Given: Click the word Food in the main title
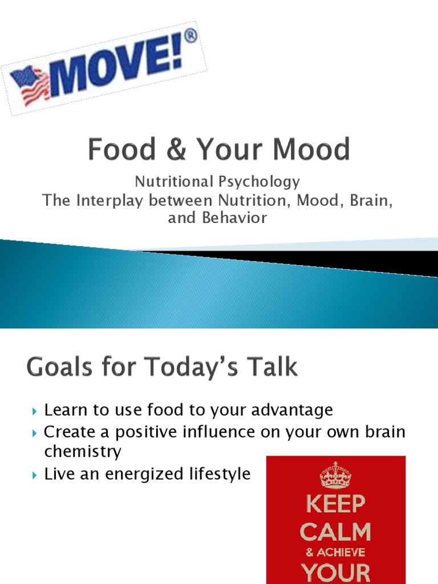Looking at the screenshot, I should [122, 150].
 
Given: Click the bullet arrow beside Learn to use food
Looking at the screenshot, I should [35, 411].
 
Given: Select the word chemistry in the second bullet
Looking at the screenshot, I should [83, 452].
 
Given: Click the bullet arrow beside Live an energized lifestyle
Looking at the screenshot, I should [35, 474].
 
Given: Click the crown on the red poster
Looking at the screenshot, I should [335, 475].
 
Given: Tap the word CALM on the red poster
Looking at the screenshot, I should [335, 532].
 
